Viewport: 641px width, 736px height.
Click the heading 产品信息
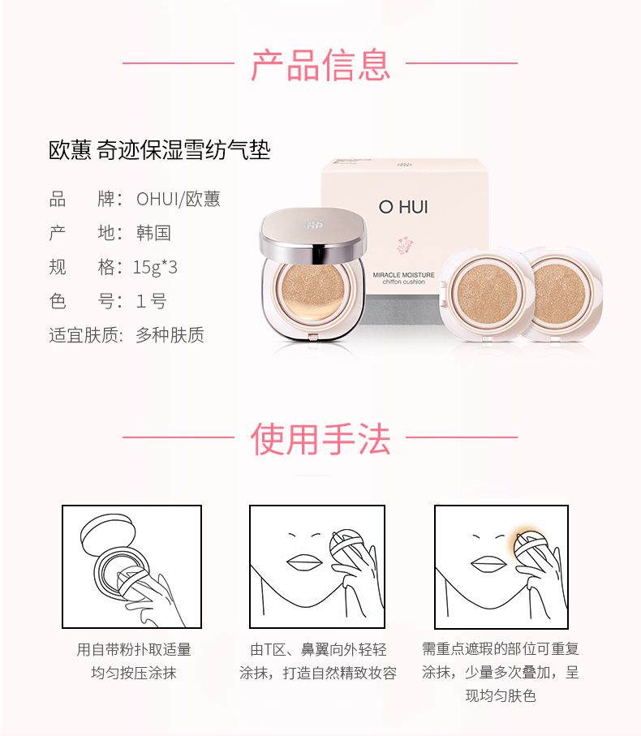320,65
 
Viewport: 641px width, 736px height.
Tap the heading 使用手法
320,439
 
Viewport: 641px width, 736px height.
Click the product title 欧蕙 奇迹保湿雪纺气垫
160,150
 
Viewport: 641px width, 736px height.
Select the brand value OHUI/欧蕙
179,199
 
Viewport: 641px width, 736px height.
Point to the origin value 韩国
153,233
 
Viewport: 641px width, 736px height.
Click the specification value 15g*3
155,267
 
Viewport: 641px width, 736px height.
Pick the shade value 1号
151,301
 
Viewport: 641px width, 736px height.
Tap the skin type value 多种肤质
170,335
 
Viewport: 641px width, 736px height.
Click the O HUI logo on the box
403,207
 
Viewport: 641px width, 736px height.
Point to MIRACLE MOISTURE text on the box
403,274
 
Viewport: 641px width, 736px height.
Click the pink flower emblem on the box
403,245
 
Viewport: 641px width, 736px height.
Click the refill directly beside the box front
487,295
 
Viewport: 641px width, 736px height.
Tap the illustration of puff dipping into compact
132,566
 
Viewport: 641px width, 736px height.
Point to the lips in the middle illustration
304,562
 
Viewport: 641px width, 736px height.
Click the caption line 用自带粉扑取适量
134,650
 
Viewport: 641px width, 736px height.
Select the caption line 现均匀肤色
501,695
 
